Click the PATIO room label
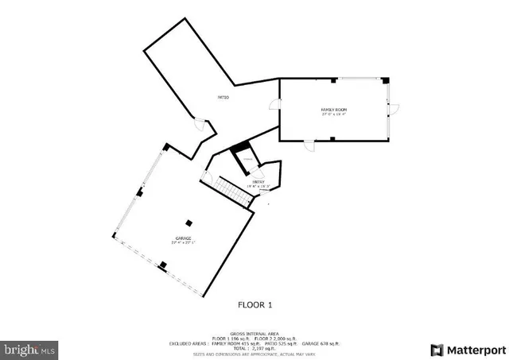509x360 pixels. tap(223, 98)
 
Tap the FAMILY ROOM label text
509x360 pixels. tap(333, 109)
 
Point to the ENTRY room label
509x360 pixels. tap(258, 182)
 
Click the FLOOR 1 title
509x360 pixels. tap(255, 304)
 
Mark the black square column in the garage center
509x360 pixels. tap(188, 223)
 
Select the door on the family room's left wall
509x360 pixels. tap(274, 104)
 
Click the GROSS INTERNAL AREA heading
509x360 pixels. tap(254, 334)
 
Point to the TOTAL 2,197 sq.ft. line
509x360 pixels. tap(254, 347)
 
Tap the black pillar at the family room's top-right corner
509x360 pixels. tap(385, 79)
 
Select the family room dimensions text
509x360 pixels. tap(334, 114)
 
